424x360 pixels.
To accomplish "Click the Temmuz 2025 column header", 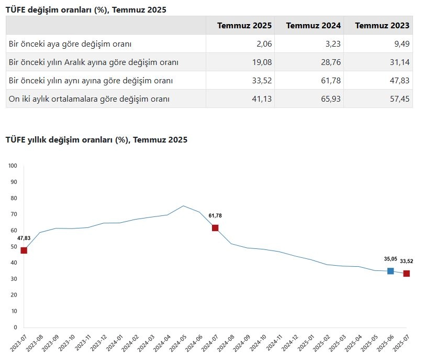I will (x=244, y=26).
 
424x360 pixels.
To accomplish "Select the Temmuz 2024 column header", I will (x=314, y=26).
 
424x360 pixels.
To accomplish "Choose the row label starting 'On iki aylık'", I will (x=89, y=99).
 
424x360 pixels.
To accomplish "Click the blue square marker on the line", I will (x=390, y=271).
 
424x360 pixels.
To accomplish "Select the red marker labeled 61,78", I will (x=215, y=228).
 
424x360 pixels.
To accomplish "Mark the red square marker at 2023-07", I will (x=24, y=250).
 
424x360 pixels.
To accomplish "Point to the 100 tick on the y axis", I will (x=13, y=166).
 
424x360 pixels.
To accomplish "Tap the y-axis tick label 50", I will (x=14, y=247).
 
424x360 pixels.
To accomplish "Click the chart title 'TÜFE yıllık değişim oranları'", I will (x=96, y=140).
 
